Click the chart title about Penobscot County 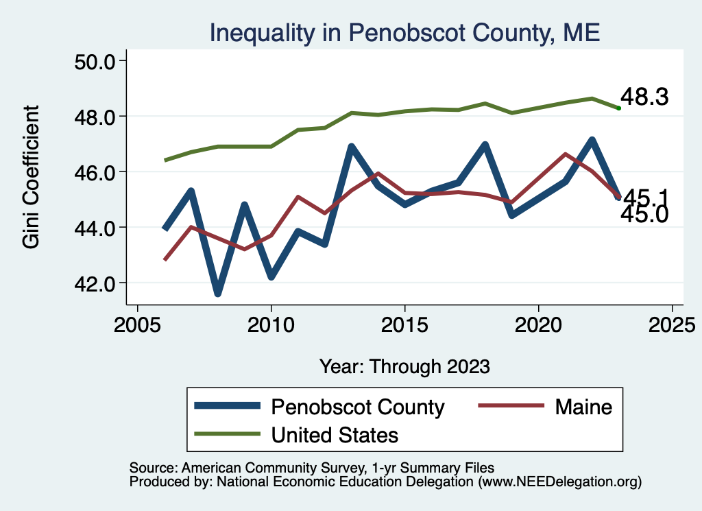click(x=404, y=33)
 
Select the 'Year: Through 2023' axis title click(x=404, y=366)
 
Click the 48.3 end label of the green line click(x=644, y=97)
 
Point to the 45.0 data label click(x=644, y=215)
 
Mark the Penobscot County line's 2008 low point click(x=218, y=294)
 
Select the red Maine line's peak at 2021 click(x=565, y=154)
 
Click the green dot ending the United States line click(x=618, y=108)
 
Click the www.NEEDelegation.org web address click(x=559, y=482)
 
